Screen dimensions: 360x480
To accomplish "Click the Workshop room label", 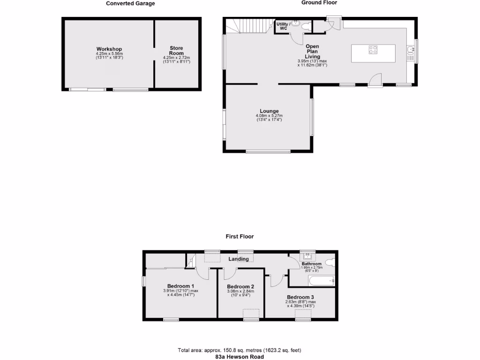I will coord(109,49).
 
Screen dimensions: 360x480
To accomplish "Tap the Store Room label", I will coord(176,51).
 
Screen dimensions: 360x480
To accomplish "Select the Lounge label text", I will coord(269,111).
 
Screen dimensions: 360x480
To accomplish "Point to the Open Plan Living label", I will coord(312,52).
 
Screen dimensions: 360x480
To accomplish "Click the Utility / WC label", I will coord(283,26).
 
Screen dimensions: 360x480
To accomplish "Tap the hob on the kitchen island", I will coord(374,50).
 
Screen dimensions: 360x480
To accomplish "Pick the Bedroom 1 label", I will coord(181,286).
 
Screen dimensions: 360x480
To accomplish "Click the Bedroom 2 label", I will coord(240,286).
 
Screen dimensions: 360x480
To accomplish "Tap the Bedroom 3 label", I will coord(300,297).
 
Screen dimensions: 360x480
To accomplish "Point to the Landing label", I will coord(238,259).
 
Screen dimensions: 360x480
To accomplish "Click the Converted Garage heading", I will coord(130,3).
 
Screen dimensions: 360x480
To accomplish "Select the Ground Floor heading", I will coord(319,2).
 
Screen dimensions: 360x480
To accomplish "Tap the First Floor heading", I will coord(240,237).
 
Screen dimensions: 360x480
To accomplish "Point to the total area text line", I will coord(240,350).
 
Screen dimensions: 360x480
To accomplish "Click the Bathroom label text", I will coord(312,264).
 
